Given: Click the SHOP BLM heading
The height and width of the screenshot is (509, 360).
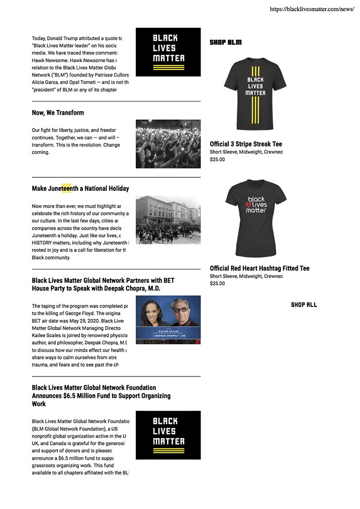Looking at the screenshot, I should pyautogui.click(x=225, y=42).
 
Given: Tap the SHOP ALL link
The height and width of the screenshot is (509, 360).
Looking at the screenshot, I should pyautogui.click(x=304, y=305).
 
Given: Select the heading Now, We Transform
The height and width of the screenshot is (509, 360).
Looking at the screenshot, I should pyautogui.click(x=58, y=113).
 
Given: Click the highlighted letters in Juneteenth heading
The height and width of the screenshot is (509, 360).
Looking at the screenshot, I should pyautogui.click(x=66, y=189).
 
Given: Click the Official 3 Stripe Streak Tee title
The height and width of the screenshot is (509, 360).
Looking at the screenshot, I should pyautogui.click(x=246, y=144).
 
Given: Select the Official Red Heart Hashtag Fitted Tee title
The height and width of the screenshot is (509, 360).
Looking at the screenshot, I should pyautogui.click(x=260, y=268).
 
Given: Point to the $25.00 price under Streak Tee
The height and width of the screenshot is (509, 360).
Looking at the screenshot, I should pyautogui.click(x=217, y=159).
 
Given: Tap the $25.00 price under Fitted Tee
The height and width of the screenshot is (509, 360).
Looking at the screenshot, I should pyautogui.click(x=217, y=283).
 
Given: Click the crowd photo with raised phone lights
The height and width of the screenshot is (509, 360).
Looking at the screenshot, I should pyautogui.click(x=168, y=144).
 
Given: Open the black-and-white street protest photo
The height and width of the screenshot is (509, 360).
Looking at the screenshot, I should pyautogui.click(x=168, y=220).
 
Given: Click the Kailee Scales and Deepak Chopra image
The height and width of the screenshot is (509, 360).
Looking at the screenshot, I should pyautogui.click(x=168, y=320).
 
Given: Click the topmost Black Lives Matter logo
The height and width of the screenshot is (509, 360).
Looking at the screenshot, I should pyautogui.click(x=168, y=52).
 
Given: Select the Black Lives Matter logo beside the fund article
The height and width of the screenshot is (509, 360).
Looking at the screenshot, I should pyautogui.click(x=168, y=435).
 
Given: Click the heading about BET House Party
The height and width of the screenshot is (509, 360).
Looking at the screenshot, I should pyautogui.click(x=103, y=284).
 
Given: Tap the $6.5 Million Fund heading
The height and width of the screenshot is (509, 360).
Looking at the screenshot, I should pyautogui.click(x=101, y=395).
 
